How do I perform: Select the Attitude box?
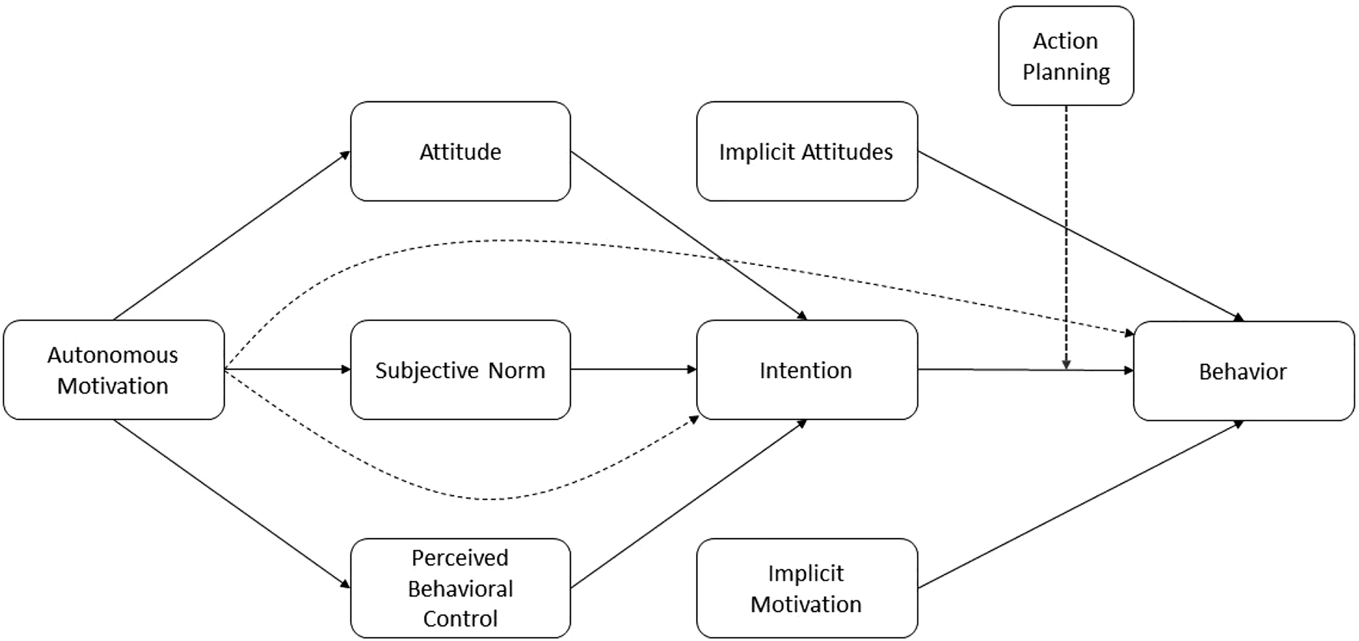pyautogui.click(x=461, y=151)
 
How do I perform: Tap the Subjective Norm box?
pyautogui.click(x=461, y=370)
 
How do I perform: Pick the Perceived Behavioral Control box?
pyautogui.click(x=461, y=588)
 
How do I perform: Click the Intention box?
pyautogui.click(x=807, y=370)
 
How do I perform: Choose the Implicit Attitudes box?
pyautogui.click(x=807, y=151)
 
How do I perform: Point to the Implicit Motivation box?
pyautogui.click(x=807, y=588)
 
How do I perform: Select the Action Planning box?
pyautogui.click(x=1066, y=56)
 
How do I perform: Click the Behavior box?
pyautogui.click(x=1244, y=371)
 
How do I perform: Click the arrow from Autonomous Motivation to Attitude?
pyautogui.click(x=232, y=235)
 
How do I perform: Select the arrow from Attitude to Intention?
pyautogui.click(x=689, y=236)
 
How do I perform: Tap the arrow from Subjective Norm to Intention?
pyautogui.click(x=633, y=369)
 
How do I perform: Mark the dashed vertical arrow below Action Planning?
pyautogui.click(x=1066, y=238)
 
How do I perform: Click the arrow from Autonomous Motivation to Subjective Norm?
pyautogui.click(x=288, y=369)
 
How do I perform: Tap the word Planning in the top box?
pyautogui.click(x=1066, y=72)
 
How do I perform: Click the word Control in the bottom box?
pyautogui.click(x=461, y=618)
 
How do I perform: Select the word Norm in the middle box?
pyautogui.click(x=517, y=371)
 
